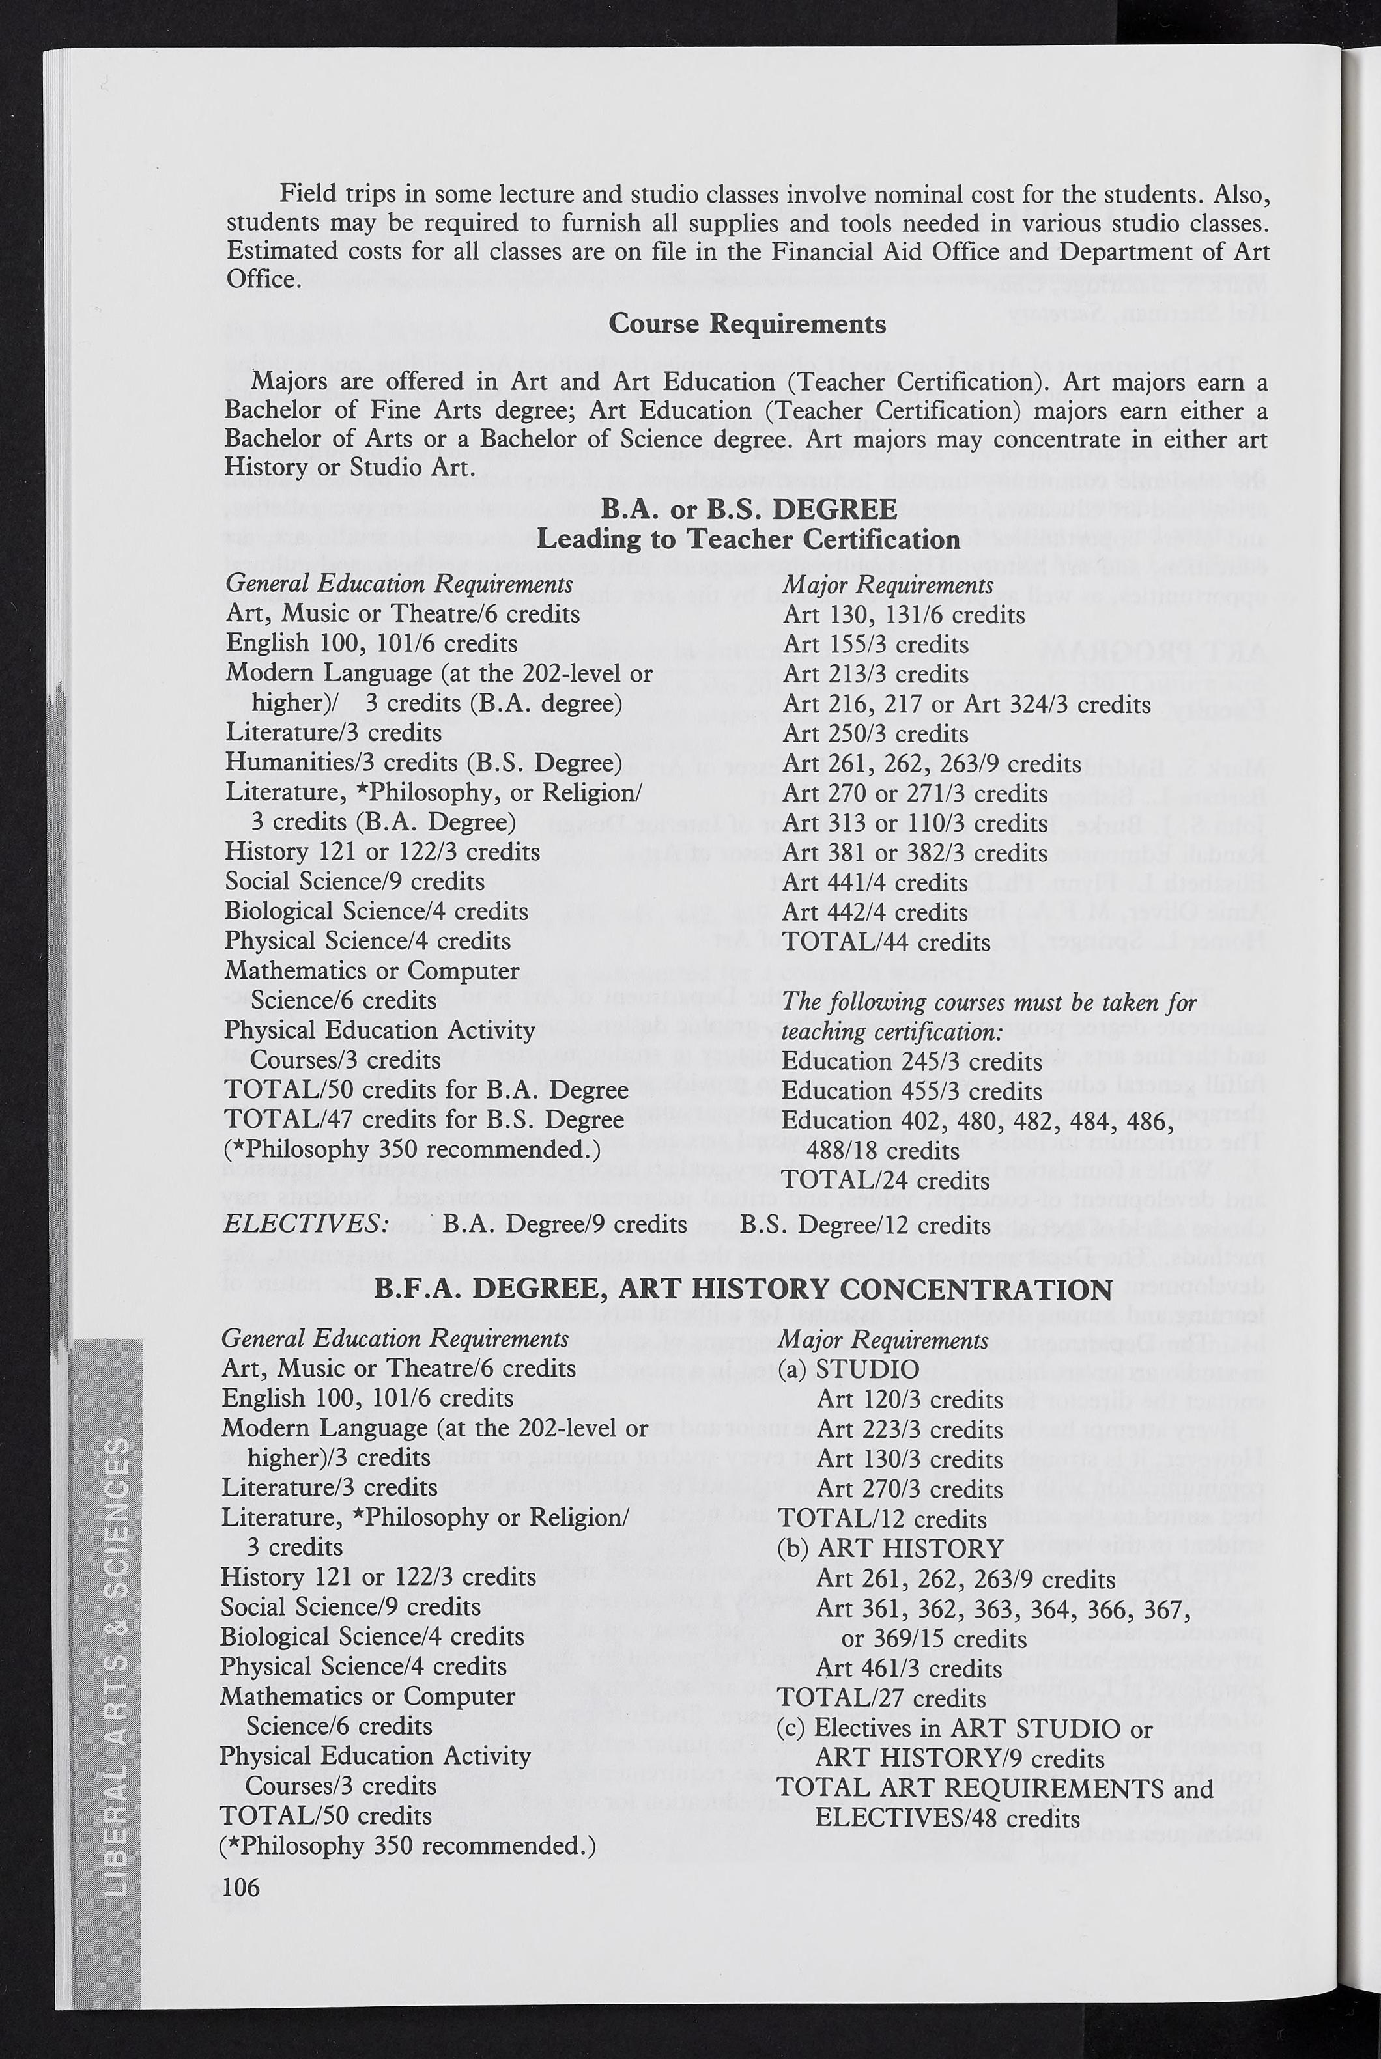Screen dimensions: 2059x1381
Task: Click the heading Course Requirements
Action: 747,324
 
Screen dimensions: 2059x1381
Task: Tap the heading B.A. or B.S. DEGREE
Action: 748,509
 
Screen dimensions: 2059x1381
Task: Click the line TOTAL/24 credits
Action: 886,1179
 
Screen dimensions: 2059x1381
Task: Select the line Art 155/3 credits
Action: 875,645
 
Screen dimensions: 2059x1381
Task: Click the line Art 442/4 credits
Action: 875,912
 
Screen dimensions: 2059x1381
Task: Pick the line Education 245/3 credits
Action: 911,1061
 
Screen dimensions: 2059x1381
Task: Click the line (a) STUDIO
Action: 848,1369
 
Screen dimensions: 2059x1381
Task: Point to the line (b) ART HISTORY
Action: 890,1548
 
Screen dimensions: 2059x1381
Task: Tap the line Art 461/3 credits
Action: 908,1668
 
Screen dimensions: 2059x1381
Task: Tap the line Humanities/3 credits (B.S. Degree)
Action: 423,763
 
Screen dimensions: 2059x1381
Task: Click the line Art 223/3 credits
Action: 909,1429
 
